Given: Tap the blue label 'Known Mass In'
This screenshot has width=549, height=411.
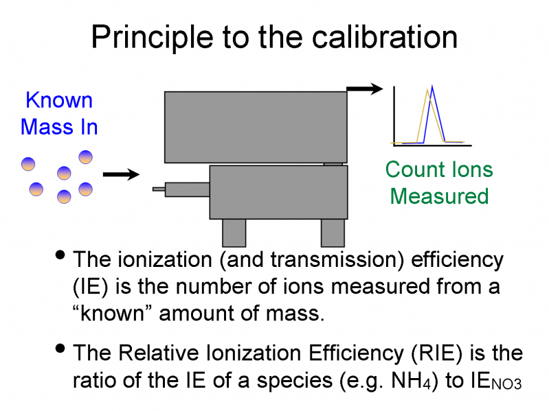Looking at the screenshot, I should [59, 113].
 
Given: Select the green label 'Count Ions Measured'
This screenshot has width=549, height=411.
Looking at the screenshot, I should [439, 183].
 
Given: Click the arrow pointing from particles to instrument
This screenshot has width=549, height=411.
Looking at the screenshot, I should [121, 175].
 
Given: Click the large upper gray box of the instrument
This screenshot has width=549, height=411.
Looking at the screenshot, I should [256, 127].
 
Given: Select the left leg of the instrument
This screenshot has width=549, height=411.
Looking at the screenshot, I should [234, 233].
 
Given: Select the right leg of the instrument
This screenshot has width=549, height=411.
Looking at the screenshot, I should [333, 233].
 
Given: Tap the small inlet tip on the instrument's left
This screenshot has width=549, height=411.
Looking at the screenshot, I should [159, 189].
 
